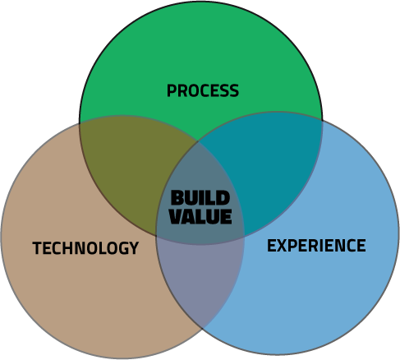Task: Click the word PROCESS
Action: click(x=203, y=90)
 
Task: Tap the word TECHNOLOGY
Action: click(x=85, y=248)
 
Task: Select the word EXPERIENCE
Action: click(x=316, y=245)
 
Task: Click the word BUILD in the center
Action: click(x=200, y=198)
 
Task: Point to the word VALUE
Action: click(x=200, y=216)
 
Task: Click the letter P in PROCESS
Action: click(x=172, y=90)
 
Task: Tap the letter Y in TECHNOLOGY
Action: click(x=134, y=248)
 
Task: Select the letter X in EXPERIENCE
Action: click(x=283, y=246)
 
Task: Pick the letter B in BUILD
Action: click(x=177, y=198)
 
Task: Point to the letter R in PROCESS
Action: click(x=182, y=90)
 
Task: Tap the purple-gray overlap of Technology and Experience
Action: click(x=200, y=277)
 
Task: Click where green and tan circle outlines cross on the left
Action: click(x=80, y=125)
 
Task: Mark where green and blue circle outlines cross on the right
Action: click(x=322, y=121)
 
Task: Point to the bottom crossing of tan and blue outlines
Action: click(x=203, y=329)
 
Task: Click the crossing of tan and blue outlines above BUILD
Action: click(x=198, y=141)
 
